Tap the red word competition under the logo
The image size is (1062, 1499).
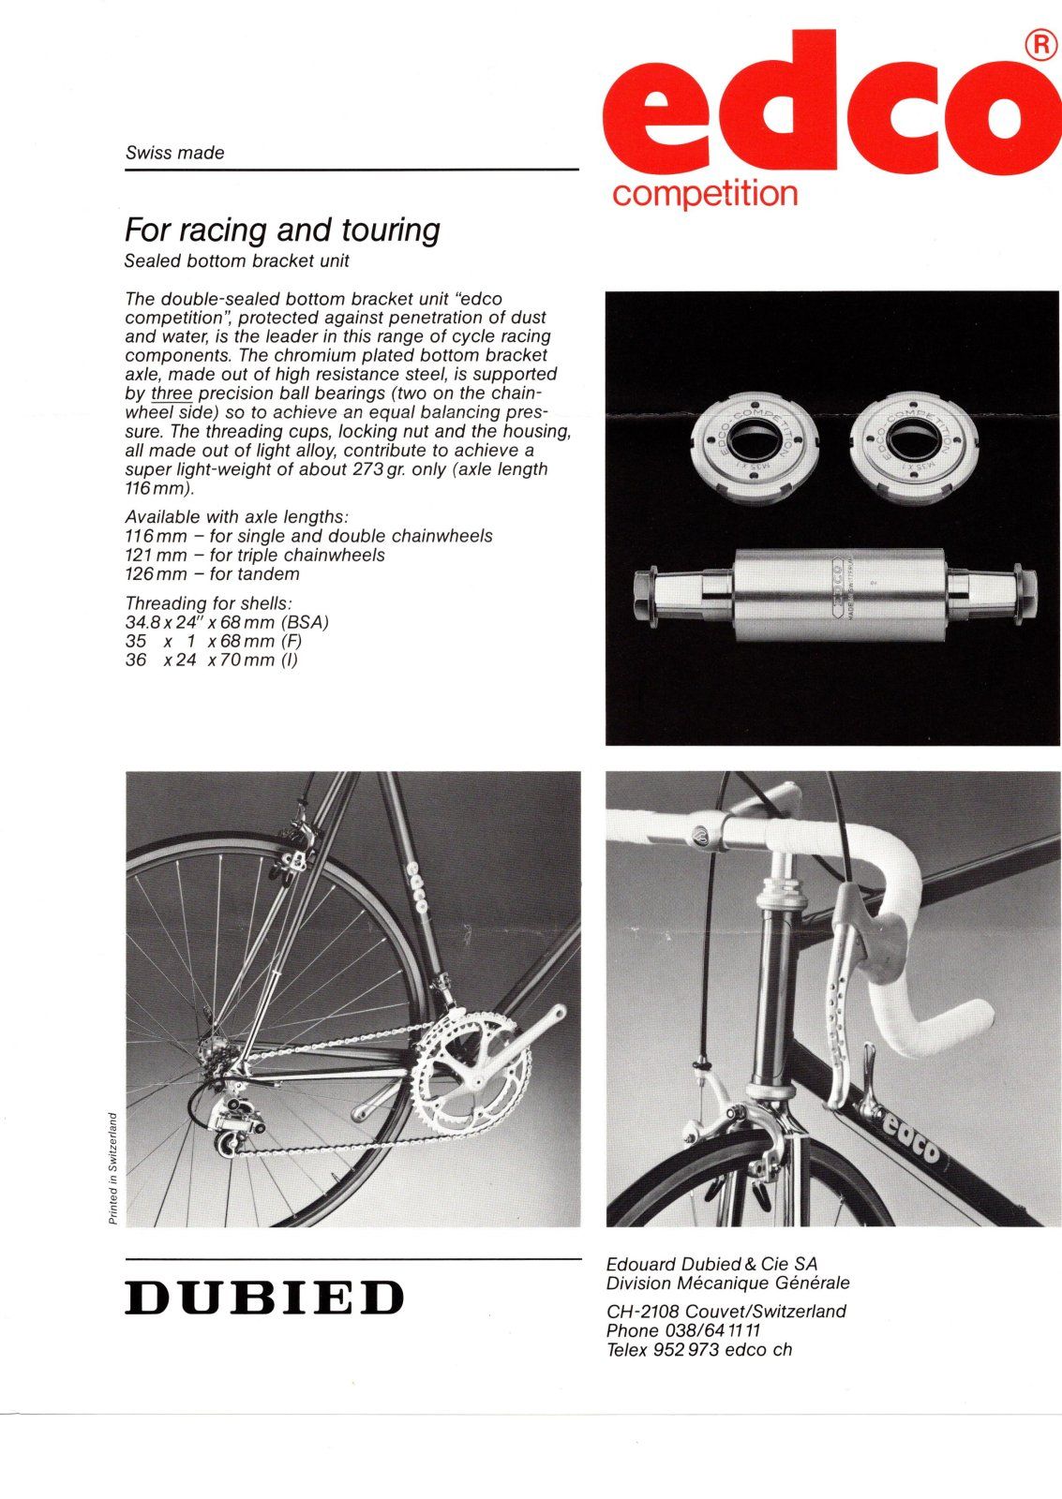[x=704, y=194]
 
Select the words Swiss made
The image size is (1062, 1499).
[x=175, y=153]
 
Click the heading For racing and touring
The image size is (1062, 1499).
[x=282, y=230]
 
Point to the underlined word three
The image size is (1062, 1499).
[x=172, y=393]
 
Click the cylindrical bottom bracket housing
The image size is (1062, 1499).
[x=836, y=596]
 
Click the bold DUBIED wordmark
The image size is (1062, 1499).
[x=264, y=1298]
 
